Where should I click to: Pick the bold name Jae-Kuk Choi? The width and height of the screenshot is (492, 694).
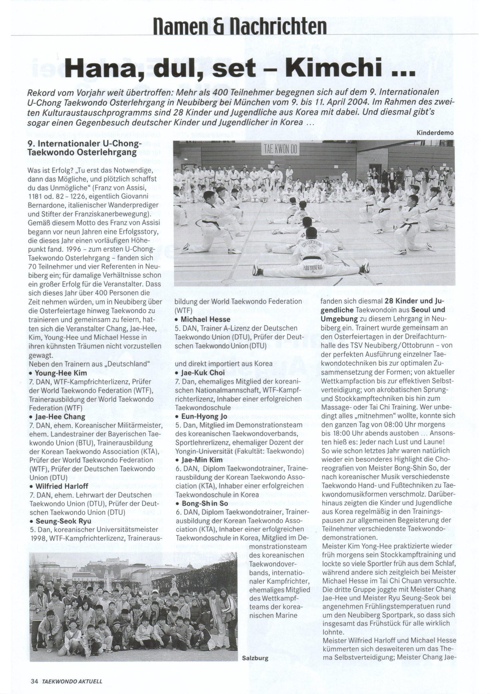coord(203,373)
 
